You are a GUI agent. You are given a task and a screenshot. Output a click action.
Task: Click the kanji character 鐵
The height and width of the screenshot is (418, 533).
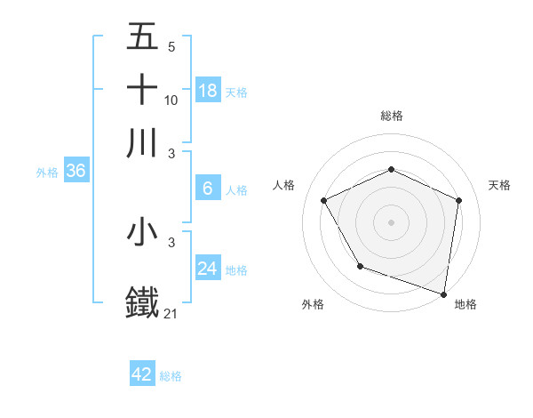(143, 301)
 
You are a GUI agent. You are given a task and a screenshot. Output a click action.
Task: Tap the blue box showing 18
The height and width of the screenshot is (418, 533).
(208, 91)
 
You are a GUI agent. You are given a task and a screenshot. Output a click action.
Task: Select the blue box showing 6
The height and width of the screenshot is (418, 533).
(208, 189)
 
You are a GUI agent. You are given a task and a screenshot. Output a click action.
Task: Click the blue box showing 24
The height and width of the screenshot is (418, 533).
(208, 269)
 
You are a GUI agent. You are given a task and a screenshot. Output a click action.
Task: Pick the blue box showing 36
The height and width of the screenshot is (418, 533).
(76, 172)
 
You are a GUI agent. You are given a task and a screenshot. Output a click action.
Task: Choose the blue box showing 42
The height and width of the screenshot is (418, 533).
(142, 374)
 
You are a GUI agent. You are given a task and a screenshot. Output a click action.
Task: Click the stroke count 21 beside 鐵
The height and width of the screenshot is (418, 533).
(171, 313)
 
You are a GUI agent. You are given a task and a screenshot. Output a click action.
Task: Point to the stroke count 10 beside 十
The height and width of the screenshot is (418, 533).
(171, 100)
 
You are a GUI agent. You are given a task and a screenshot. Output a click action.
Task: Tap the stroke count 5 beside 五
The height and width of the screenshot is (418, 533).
(171, 46)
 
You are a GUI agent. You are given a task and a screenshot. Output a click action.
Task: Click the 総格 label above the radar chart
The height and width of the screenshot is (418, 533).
(391, 116)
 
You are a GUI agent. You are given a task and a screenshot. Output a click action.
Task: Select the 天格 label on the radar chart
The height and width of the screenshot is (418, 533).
(500, 185)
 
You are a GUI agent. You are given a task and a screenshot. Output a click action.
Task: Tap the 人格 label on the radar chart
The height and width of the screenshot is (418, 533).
(283, 185)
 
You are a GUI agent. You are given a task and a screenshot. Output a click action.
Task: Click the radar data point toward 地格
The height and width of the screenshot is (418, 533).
(443, 293)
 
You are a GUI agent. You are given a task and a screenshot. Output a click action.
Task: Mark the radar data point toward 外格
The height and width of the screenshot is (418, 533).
(359, 265)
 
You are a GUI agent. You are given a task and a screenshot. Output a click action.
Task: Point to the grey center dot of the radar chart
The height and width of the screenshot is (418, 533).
(391, 221)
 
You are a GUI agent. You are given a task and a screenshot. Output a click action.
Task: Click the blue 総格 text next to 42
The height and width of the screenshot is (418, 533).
(171, 376)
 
